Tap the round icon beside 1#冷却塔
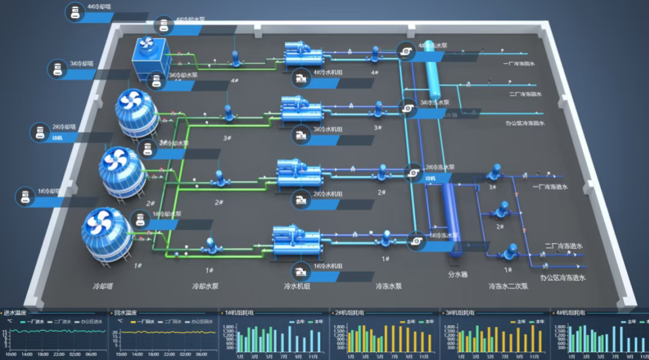[x=25, y=197]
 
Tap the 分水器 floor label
[x=458, y=274]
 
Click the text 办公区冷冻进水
[x=562, y=278]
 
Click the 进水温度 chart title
[x=15, y=313]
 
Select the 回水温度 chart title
[x=126, y=313]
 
